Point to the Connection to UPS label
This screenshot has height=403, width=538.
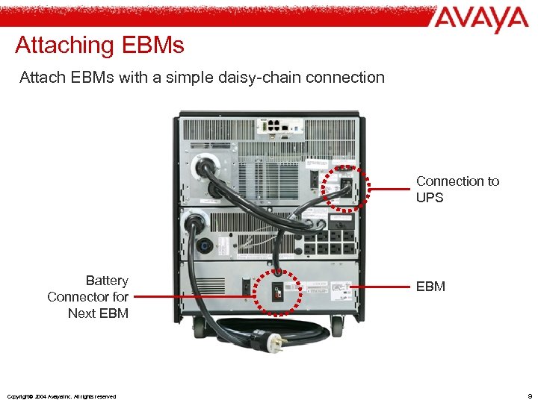tap(457, 190)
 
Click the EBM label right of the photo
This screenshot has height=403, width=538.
tap(430, 286)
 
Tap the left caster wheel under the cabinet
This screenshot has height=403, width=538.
tap(200, 325)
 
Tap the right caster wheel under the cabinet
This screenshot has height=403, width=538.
tap(338, 326)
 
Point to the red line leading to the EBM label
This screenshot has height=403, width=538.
tap(380, 286)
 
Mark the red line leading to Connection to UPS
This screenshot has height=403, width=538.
tap(389, 190)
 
